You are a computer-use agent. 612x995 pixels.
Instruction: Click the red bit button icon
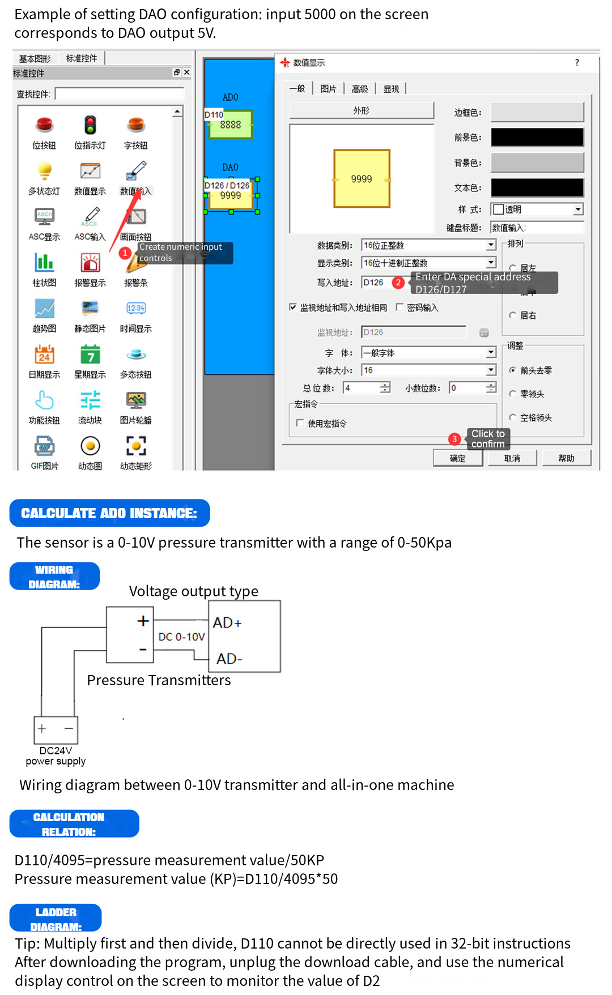(44, 125)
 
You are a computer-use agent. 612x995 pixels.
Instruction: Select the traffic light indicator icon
(90, 125)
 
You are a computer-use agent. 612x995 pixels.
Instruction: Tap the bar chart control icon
(44, 262)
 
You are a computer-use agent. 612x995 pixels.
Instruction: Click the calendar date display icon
(44, 355)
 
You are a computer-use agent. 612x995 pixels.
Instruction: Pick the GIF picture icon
(44, 446)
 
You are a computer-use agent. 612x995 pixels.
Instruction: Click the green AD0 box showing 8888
(231, 125)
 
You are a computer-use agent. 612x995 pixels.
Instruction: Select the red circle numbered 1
(125, 253)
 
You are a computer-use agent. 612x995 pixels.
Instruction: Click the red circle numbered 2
(398, 283)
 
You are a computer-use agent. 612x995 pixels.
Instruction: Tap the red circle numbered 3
(454, 439)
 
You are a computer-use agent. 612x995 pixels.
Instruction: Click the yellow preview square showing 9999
(362, 179)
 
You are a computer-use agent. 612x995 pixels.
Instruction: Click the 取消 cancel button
(512, 458)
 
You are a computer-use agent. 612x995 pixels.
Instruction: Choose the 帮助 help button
(566, 458)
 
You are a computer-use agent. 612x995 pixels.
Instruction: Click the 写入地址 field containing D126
(376, 283)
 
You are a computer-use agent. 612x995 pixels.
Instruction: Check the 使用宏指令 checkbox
(300, 423)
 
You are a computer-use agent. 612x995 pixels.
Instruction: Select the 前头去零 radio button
(512, 370)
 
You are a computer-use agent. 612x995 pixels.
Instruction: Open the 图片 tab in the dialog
(328, 89)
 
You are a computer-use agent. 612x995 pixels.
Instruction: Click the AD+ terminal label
(227, 623)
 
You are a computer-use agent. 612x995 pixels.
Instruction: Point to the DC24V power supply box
(56, 729)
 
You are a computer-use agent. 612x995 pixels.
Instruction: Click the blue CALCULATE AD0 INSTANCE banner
(109, 513)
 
